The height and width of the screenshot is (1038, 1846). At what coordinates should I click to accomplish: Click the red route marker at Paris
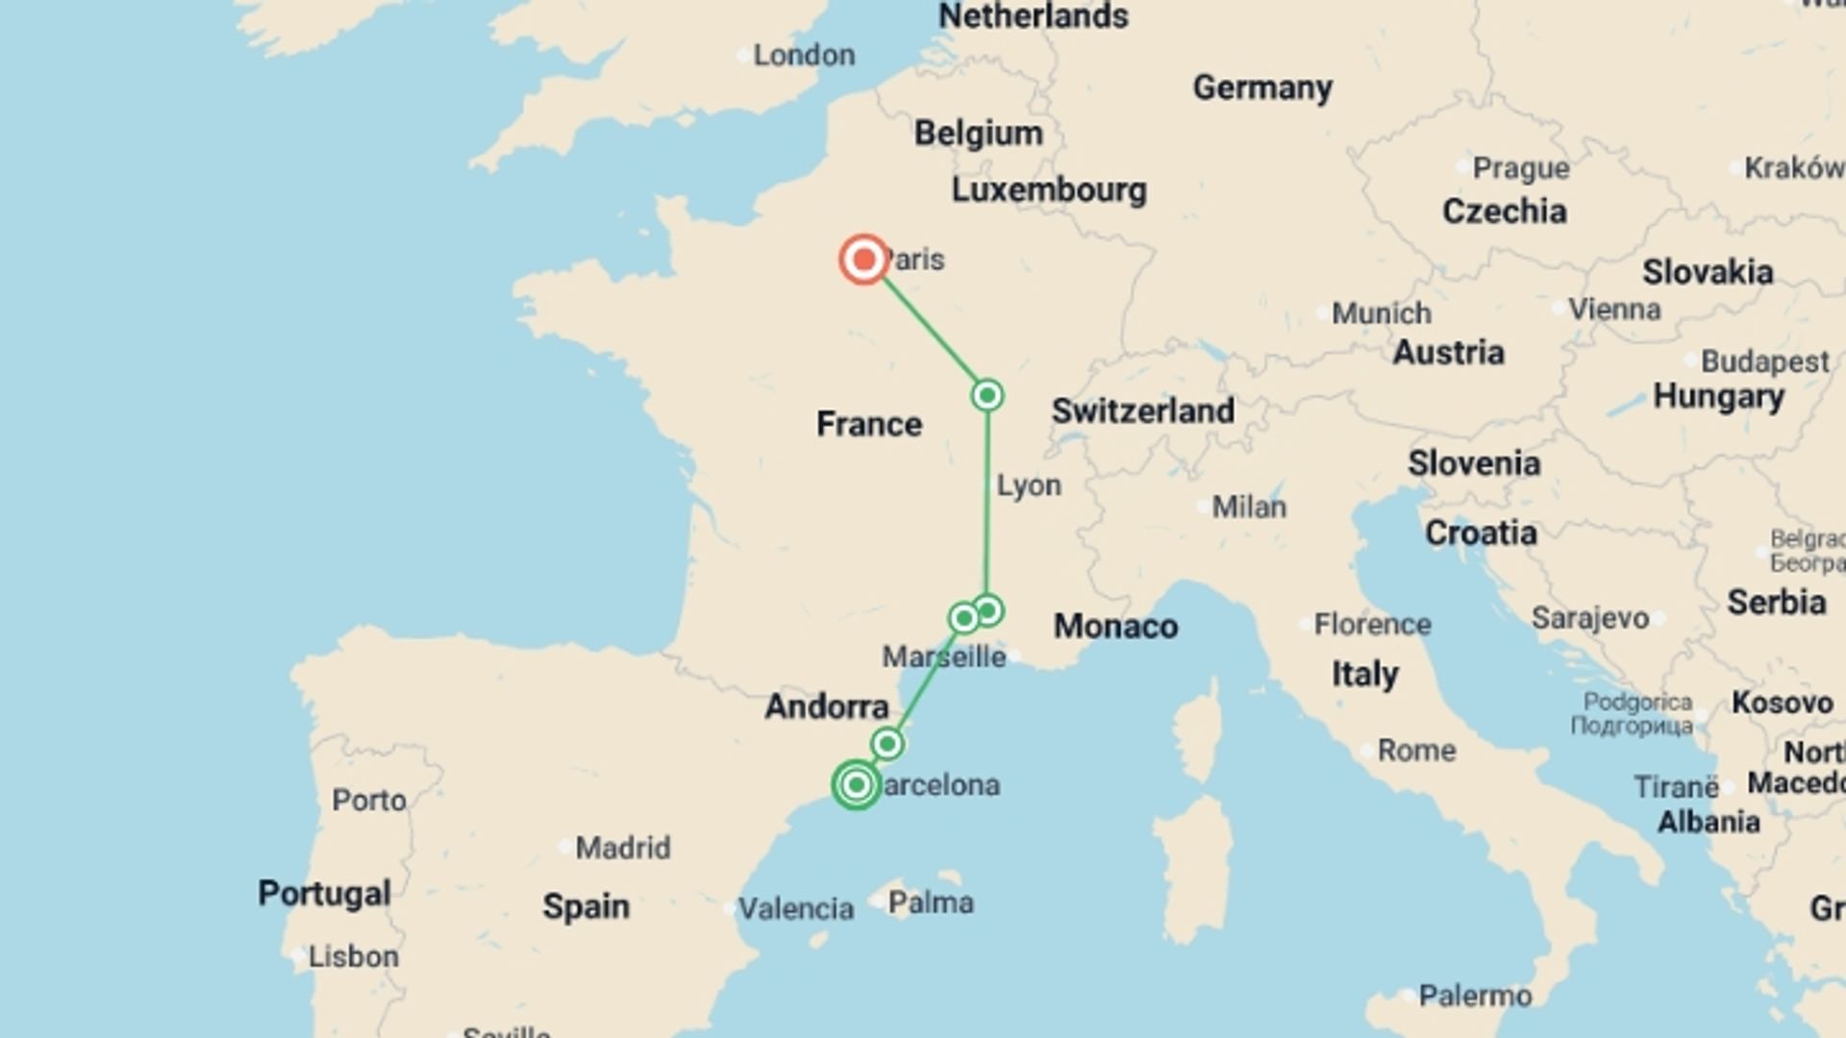click(x=863, y=259)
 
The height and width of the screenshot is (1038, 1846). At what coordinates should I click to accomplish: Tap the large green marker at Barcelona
click(x=856, y=784)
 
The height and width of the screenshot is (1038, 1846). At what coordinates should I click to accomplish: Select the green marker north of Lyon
click(x=987, y=395)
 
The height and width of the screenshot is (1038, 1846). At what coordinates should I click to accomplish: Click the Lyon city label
click(x=1029, y=485)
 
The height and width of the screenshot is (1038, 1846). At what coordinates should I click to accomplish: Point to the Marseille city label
click(x=944, y=657)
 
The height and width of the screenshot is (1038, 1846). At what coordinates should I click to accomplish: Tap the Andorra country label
click(x=827, y=707)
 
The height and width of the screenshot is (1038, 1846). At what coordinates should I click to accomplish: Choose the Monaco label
click(x=1115, y=627)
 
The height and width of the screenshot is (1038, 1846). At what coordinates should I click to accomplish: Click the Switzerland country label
click(x=1142, y=411)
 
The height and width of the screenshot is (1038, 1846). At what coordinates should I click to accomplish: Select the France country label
click(x=869, y=424)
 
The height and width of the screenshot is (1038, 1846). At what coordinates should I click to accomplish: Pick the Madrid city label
click(x=623, y=848)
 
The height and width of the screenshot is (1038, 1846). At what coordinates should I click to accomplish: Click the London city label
click(x=804, y=56)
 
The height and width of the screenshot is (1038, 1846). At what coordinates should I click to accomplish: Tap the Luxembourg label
click(x=1049, y=190)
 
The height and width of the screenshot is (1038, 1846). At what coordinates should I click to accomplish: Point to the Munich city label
click(x=1382, y=313)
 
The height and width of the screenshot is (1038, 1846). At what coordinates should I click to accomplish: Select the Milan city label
click(x=1249, y=507)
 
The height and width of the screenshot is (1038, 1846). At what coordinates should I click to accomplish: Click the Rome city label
click(x=1416, y=750)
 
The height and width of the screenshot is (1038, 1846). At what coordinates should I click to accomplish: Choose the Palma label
click(x=931, y=902)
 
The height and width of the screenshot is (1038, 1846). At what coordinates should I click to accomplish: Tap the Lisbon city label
click(x=353, y=956)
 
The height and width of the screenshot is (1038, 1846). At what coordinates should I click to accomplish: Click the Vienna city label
click(x=1614, y=309)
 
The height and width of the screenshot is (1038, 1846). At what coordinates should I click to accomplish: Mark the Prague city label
click(x=1521, y=168)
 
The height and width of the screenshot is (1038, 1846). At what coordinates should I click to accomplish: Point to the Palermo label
click(x=1475, y=996)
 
